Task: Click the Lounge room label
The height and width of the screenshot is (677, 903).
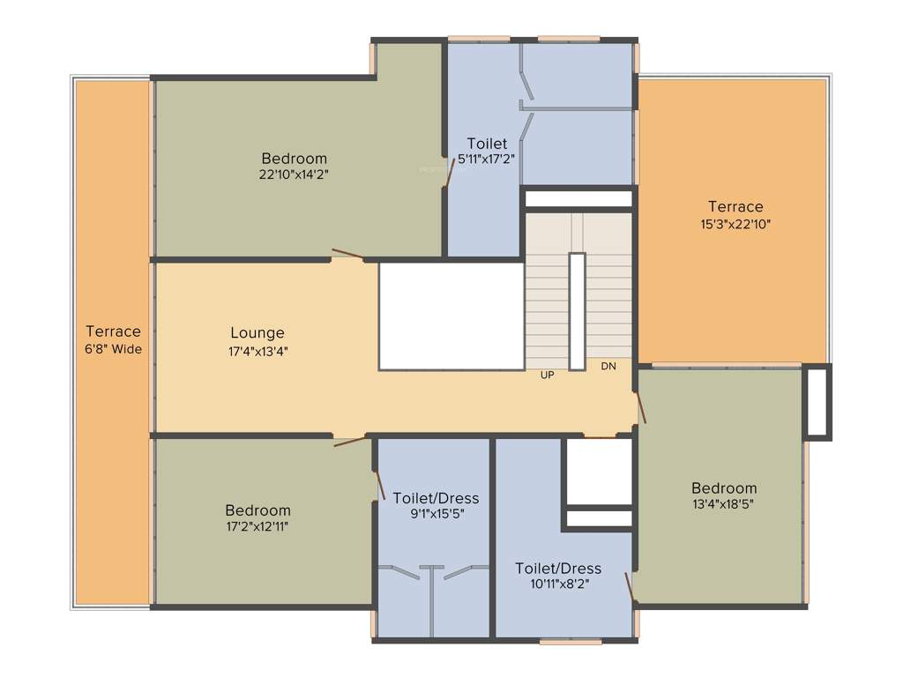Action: coord(257,333)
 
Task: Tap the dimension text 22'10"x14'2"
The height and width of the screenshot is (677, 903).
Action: coord(294,175)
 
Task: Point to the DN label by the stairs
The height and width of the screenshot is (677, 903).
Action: coord(608,366)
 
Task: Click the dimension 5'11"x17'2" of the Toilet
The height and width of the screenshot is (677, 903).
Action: coord(486,159)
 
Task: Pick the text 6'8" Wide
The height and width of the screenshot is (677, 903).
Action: coord(113,348)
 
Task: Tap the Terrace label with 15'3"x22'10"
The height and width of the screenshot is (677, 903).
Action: coord(735,207)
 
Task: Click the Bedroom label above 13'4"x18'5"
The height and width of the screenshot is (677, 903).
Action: coord(723,488)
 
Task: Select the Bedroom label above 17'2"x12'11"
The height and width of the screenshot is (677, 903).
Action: coord(257,510)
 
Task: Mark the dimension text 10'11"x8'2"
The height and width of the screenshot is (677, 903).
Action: coord(558,584)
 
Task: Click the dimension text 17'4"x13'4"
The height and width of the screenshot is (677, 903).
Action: coord(257,350)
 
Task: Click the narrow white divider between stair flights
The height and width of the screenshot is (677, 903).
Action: coord(577,311)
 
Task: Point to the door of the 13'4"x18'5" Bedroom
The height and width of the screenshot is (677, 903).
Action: coord(641,407)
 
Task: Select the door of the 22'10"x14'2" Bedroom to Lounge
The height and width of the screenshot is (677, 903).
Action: coord(347,256)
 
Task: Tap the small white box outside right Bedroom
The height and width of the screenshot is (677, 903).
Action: coord(817,401)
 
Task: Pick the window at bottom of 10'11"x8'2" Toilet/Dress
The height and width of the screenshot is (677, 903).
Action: coord(570,642)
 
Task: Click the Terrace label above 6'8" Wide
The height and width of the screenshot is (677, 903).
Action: coord(113,331)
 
